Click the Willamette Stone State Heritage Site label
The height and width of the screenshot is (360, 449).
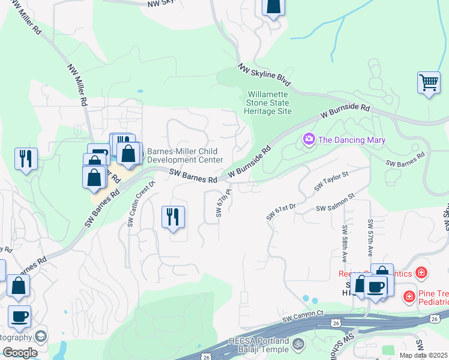point(269,103)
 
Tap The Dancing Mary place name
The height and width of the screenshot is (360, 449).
point(351,140)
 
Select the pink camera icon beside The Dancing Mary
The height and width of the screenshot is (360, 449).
point(309,140)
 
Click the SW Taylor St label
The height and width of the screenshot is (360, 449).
point(331,181)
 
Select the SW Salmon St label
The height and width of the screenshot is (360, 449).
point(336,201)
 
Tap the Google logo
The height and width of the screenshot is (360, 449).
point(19,353)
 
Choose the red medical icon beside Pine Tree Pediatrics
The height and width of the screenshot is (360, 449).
point(409,296)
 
